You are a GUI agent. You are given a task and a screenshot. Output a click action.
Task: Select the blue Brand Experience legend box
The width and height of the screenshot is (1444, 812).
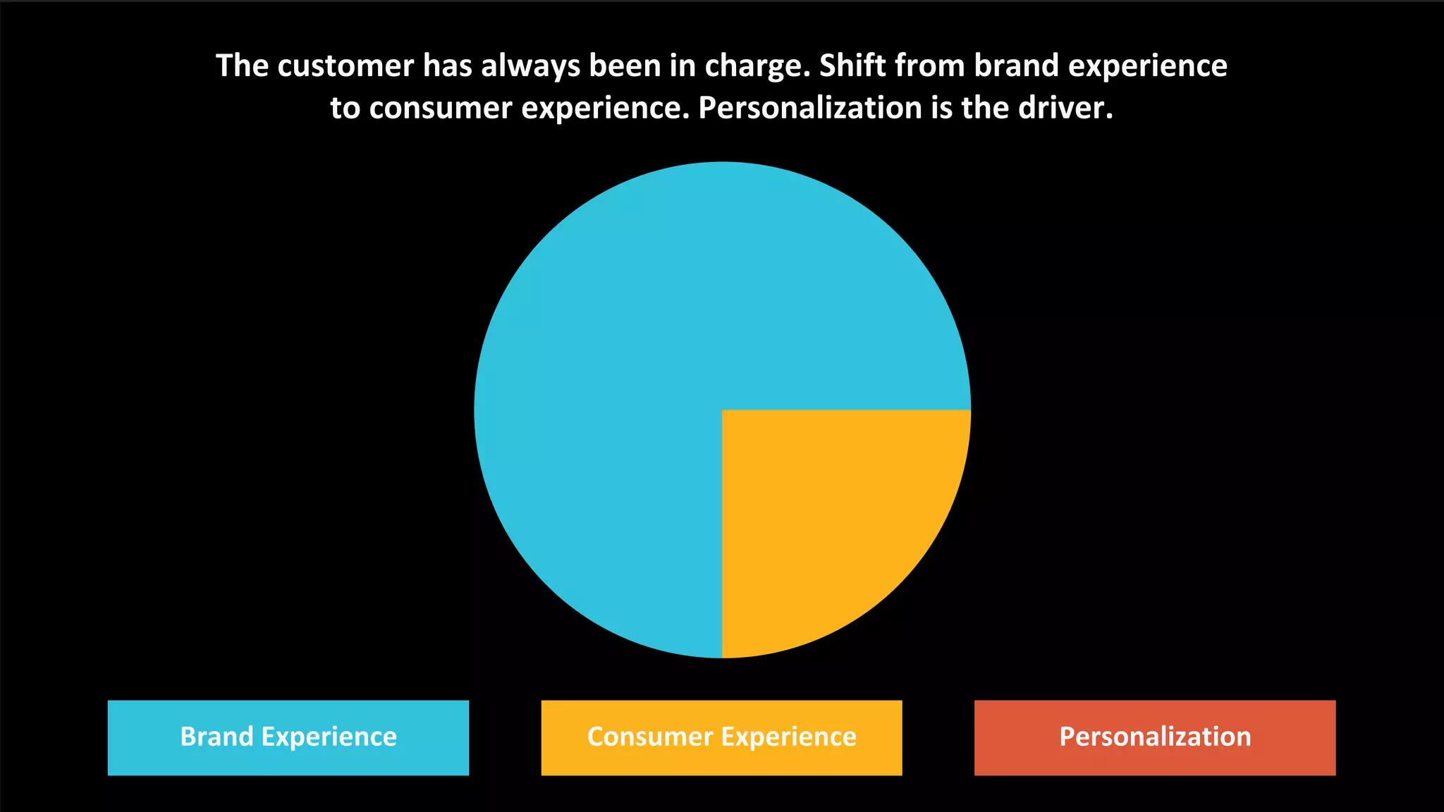pos(288,737)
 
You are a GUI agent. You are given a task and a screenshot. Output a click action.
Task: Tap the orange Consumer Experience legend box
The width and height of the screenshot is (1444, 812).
pos(721,737)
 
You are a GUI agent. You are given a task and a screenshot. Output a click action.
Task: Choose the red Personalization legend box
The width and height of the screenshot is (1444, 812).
pos(1155,737)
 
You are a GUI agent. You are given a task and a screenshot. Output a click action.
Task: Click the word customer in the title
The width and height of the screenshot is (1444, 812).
pos(345,66)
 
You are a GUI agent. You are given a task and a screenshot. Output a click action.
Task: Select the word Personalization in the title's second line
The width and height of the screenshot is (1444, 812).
pos(810,108)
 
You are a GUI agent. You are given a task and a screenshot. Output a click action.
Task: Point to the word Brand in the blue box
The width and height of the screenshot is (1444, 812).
pos(216,737)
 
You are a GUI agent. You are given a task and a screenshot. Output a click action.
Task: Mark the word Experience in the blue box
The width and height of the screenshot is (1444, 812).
pos(329,737)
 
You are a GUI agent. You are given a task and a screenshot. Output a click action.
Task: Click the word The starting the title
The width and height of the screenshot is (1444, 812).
pos(243,66)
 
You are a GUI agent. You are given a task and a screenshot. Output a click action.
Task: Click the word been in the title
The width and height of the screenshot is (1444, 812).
pos(625,66)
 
